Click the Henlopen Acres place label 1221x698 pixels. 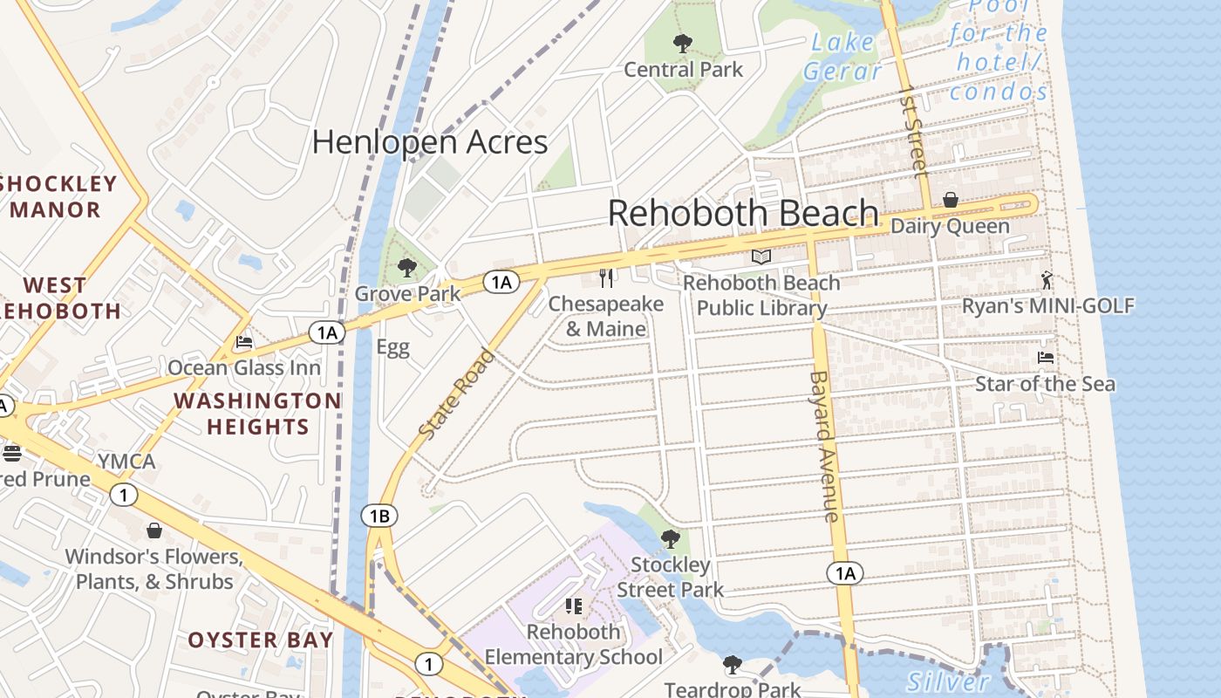click(430, 142)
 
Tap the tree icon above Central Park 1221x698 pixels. click(683, 43)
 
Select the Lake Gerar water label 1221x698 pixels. click(842, 56)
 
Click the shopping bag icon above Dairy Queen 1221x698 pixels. click(951, 200)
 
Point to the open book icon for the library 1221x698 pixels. click(761, 257)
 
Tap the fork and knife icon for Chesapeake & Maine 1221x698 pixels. click(607, 278)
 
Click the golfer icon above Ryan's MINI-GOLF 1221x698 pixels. click(1047, 280)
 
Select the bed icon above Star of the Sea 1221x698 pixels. click(1045, 358)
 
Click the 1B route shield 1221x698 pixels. click(379, 516)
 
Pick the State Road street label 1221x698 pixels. click(457, 393)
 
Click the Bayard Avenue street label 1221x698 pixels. click(824, 446)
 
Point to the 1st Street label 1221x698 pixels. click(913, 131)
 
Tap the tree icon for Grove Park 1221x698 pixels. click(406, 268)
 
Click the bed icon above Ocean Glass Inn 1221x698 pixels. click(244, 342)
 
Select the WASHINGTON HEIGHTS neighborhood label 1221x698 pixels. click(257, 414)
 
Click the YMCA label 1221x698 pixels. click(126, 461)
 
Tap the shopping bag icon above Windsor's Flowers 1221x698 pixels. click(154, 530)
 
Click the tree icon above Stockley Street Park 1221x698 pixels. click(670, 538)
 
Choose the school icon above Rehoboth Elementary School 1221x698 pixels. click(574, 606)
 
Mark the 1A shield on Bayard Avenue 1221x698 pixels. click(844, 573)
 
